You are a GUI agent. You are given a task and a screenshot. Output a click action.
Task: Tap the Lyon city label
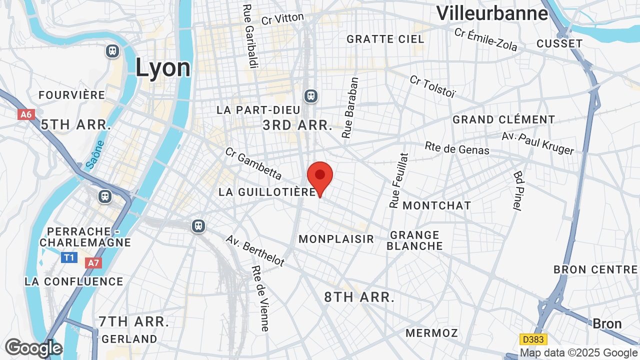pos(163,68)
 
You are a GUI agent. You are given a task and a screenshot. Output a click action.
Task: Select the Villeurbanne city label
pos(492,13)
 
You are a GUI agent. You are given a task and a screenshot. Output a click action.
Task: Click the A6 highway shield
pos(26,114)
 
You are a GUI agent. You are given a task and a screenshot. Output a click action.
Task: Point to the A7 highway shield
pos(93,263)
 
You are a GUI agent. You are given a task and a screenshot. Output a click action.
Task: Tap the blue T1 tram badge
pos(69,257)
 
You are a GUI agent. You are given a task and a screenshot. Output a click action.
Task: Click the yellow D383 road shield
pos(533,339)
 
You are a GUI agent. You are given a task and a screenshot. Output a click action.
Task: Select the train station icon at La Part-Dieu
pos(311,95)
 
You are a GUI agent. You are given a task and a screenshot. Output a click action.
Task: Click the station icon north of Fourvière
pos(112,51)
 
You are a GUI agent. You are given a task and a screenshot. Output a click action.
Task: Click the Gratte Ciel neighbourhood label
pos(385,39)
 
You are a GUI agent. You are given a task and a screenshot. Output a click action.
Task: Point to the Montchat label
pos(436,205)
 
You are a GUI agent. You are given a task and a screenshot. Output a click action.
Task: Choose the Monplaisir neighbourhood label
pos(336,239)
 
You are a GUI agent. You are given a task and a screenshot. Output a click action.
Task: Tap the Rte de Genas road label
pos(457,148)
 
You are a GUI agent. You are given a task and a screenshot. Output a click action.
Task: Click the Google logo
pos(33,348)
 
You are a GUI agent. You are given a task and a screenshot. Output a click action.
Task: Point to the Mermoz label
pos(431,333)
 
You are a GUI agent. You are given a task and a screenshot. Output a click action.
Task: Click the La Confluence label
pos(73,281)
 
